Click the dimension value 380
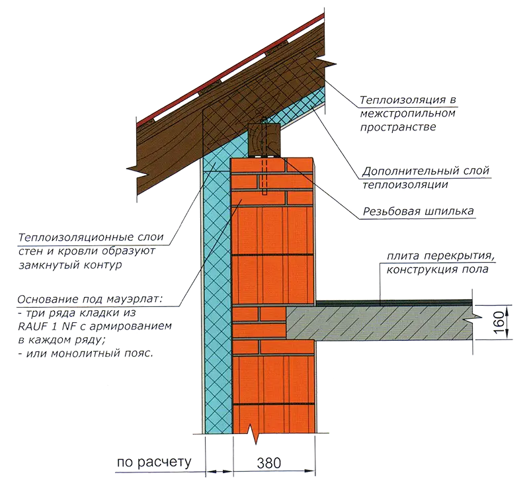pyautogui.click(x=268, y=463)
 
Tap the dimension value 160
pyautogui.click(x=499, y=322)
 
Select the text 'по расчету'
pyautogui.click(x=154, y=462)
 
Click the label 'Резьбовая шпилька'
pyautogui.click(x=418, y=211)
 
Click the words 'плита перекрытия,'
pyautogui.click(x=441, y=256)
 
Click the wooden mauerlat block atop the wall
pyautogui.click(x=264, y=141)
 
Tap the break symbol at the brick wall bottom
pyautogui.click(x=254, y=434)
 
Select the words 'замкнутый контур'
pyautogui.click(x=70, y=265)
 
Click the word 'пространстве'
pyautogui.click(x=398, y=128)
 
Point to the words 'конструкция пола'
pyautogui.click(x=437, y=269)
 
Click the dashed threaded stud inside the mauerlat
pyautogui.click(x=264, y=155)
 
